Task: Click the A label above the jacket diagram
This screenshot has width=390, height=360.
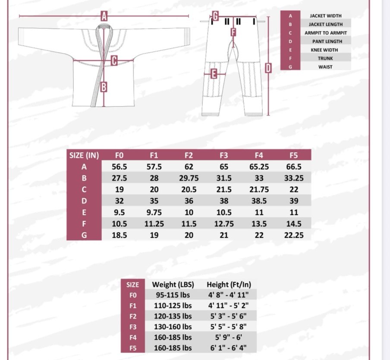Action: tap(104, 16)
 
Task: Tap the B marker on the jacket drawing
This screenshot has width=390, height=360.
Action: tap(104, 87)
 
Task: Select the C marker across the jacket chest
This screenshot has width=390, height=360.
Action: tap(114, 60)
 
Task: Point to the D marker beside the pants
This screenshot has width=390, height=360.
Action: tap(268, 68)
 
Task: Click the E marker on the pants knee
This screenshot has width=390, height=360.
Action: tap(214, 74)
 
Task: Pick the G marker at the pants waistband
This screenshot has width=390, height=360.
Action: tap(215, 16)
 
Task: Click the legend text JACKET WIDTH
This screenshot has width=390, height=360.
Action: tap(326, 16)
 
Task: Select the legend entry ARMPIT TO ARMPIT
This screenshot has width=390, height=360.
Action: tap(326, 33)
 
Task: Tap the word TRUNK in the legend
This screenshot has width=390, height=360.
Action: tap(325, 58)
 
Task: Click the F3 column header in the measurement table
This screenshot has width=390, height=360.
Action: tap(224, 155)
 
